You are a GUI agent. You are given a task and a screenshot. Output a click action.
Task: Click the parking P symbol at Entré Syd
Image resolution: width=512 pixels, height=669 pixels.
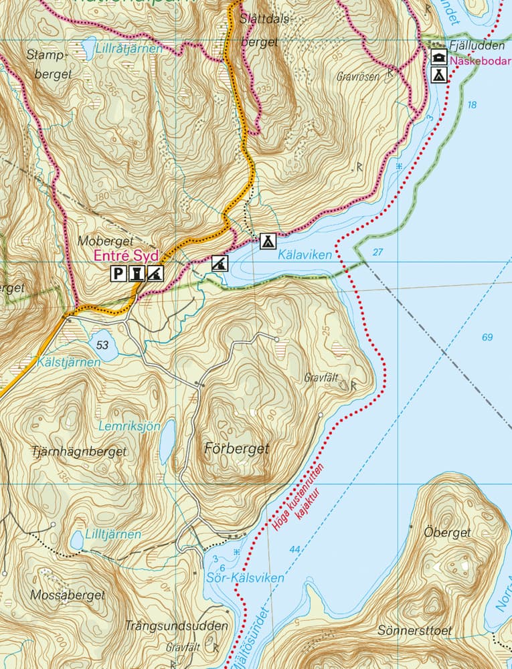tap(118, 273)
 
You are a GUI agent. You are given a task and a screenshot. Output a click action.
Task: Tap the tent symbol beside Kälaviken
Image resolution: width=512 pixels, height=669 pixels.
tap(268, 241)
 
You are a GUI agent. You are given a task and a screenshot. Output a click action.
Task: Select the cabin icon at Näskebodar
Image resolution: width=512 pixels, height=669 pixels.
tap(438, 56)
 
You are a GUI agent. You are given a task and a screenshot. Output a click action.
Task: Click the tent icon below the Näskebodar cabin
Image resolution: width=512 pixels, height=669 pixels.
tap(438, 74)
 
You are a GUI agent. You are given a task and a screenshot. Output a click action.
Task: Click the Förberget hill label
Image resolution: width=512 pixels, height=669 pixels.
tap(236, 448)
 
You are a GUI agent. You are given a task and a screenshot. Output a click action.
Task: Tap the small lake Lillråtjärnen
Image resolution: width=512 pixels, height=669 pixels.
tap(88, 45)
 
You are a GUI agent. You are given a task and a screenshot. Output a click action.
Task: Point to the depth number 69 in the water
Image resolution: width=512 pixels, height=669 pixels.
tap(488, 337)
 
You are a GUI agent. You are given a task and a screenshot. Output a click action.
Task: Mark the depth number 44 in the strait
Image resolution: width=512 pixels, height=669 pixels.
tap(295, 549)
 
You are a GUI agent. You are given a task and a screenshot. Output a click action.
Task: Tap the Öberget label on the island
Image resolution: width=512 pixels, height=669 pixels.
tap(448, 533)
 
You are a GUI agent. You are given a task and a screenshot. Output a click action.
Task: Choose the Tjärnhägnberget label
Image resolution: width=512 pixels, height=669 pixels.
tap(79, 452)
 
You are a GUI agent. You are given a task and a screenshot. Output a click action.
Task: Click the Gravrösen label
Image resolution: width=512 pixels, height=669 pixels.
tap(357, 76)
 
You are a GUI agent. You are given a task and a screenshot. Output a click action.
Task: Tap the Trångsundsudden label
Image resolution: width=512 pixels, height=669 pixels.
tap(177, 626)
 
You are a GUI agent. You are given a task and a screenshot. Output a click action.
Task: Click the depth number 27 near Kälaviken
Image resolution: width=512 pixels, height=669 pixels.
tap(378, 252)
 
